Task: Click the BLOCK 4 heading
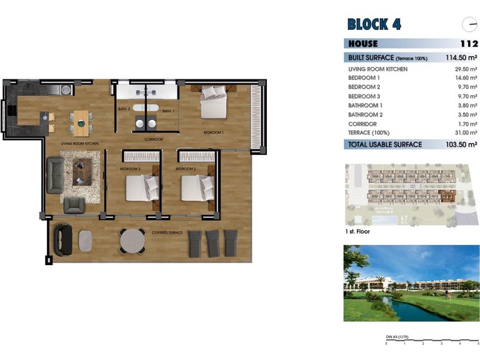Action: click(x=374, y=24)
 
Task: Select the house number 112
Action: click(x=468, y=44)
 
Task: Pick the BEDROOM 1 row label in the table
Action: click(x=364, y=77)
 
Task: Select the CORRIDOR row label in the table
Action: click(x=362, y=124)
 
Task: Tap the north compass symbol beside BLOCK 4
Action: click(x=469, y=25)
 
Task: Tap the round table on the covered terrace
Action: click(x=132, y=239)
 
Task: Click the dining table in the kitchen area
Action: click(x=81, y=122)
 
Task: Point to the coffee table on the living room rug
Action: click(x=81, y=171)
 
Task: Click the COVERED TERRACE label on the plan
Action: click(x=167, y=232)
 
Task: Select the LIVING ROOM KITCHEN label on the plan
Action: click(x=79, y=144)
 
